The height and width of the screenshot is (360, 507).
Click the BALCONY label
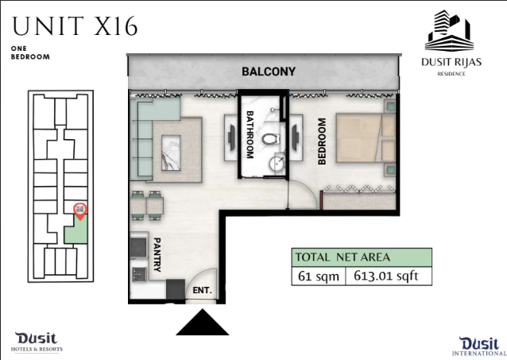point(269,72)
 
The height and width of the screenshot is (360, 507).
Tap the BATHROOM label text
point(250,134)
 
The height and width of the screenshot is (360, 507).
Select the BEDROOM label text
point(322,141)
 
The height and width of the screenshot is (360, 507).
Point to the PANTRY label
point(157,254)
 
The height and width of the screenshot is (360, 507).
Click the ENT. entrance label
point(202,290)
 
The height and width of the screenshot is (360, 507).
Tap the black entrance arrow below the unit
point(203,322)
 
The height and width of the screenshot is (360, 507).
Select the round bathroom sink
point(277,164)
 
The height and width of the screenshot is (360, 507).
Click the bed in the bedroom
point(366,137)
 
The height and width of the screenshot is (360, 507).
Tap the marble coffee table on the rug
point(171,153)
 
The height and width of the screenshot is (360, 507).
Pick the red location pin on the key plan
point(80,211)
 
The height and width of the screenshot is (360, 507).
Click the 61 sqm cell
point(319,276)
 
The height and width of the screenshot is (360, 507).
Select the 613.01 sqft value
point(386,276)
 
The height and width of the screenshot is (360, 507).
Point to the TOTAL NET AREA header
point(343,257)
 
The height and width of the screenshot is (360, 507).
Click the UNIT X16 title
point(75,26)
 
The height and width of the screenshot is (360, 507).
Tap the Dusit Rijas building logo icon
point(450,30)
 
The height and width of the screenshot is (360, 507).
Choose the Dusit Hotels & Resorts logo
point(37,343)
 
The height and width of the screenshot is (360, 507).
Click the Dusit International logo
point(479,346)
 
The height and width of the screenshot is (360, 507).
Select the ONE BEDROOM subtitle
point(30,52)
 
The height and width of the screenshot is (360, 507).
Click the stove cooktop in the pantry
point(138,247)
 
